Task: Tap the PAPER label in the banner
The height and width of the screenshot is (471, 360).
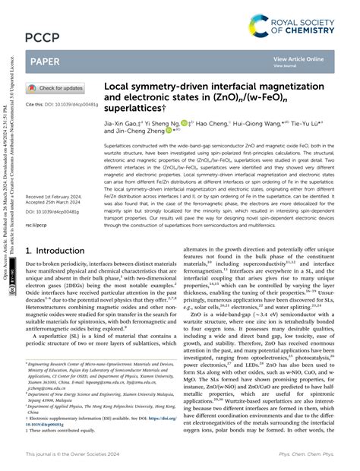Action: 46,61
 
